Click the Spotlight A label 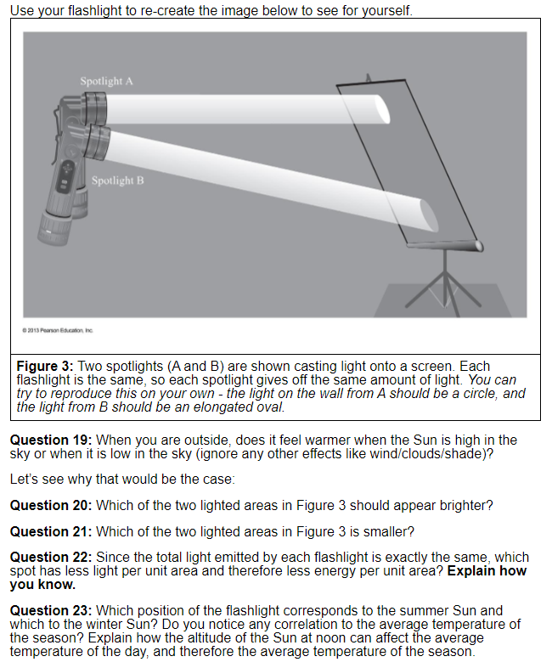pyautogui.click(x=106, y=81)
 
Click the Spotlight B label pyautogui.click(x=117, y=181)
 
